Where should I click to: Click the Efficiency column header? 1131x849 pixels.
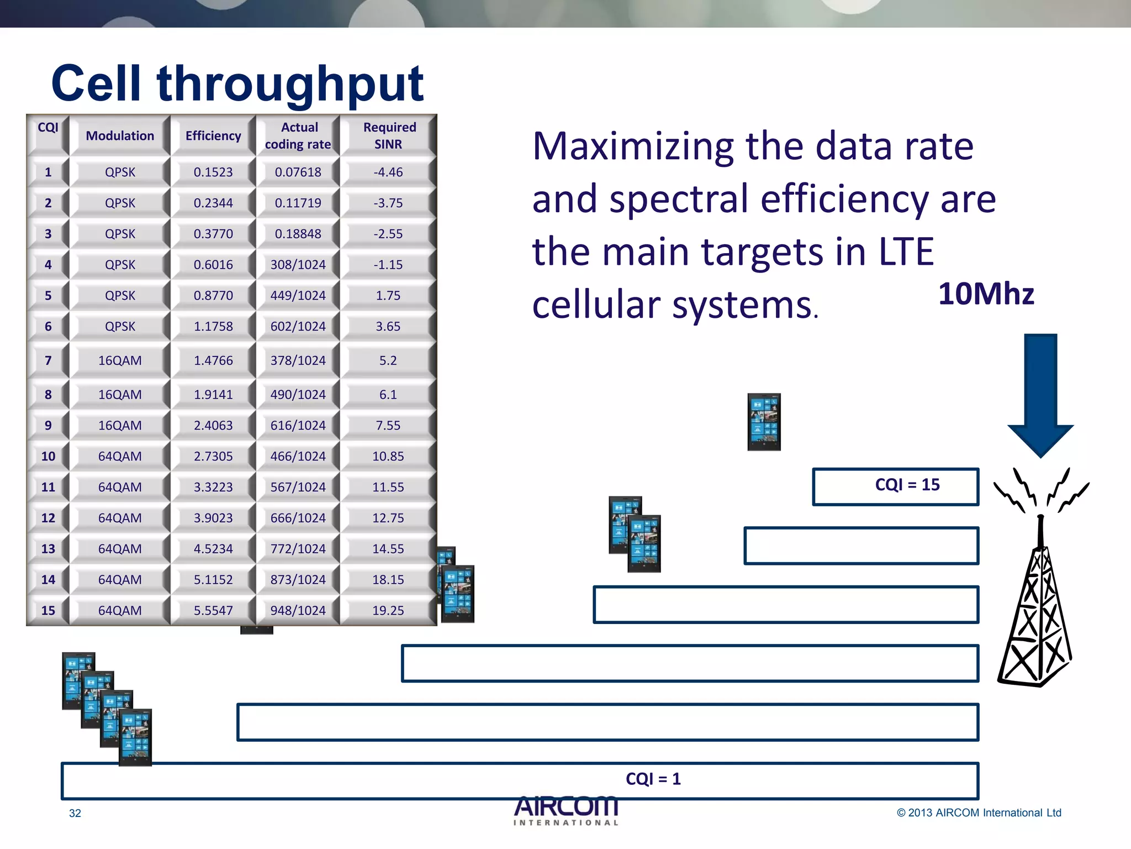click(213, 136)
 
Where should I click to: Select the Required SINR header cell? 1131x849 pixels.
click(389, 136)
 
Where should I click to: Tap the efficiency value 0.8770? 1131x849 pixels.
click(213, 296)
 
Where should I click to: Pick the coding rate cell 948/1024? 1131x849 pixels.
click(298, 611)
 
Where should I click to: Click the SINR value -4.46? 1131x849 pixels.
click(388, 172)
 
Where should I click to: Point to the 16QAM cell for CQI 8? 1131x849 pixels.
click(120, 395)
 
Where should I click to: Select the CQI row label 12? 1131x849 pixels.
click(48, 518)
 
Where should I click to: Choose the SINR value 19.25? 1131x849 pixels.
click(388, 611)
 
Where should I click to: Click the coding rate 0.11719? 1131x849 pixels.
click(298, 203)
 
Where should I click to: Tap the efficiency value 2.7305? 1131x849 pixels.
click(213, 457)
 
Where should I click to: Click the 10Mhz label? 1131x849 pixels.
click(986, 294)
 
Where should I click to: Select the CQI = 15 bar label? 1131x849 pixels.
click(907, 485)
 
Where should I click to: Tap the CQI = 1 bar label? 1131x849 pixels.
click(653, 779)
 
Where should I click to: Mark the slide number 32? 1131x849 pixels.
click(75, 814)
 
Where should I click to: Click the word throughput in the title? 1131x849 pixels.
click(290, 84)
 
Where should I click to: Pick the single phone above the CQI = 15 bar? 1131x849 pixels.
click(764, 422)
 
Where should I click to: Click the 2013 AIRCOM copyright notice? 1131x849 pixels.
click(979, 813)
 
